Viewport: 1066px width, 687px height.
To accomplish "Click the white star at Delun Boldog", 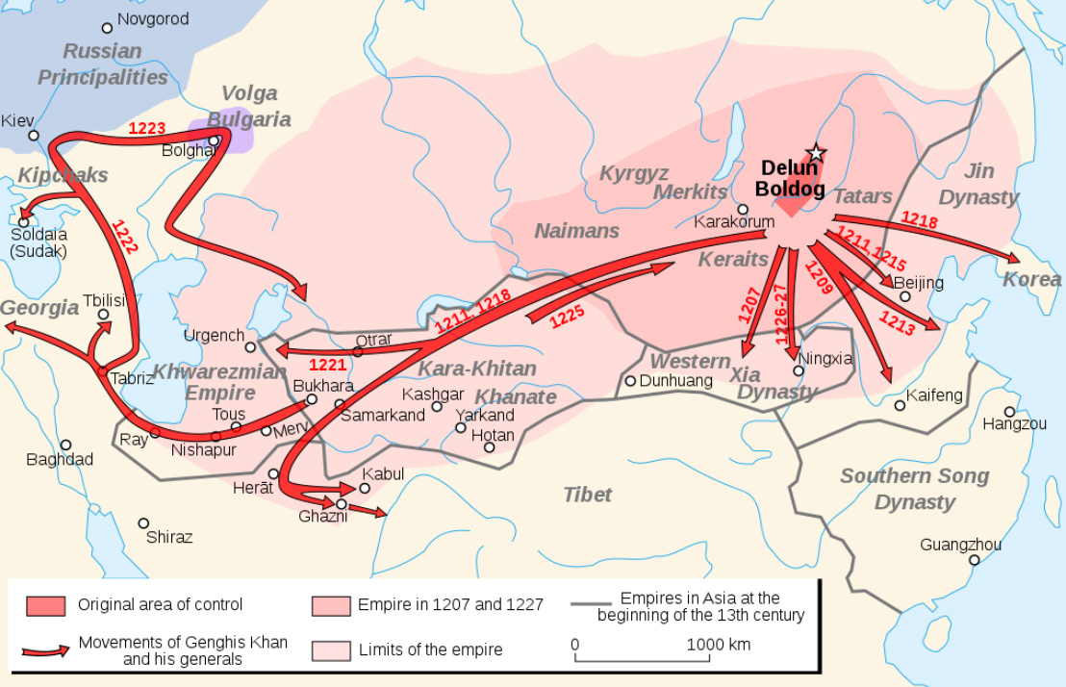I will tap(816, 152).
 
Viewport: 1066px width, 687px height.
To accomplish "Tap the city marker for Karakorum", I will tap(743, 209).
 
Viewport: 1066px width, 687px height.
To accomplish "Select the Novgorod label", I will tap(152, 18).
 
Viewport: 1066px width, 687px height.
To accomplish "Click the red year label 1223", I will tap(147, 128).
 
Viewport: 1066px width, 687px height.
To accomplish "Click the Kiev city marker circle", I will tap(34, 136).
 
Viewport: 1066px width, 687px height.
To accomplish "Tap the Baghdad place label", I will tap(60, 460).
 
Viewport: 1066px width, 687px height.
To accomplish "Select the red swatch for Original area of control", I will tap(46, 605).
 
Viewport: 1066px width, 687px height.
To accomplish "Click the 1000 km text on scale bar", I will tap(718, 645).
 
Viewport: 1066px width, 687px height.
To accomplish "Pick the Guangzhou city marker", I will tap(975, 560).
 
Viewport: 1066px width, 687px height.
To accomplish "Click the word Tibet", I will tap(587, 495).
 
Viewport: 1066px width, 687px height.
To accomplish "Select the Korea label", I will tap(1031, 280).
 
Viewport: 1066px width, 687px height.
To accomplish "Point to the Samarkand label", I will tap(383, 416).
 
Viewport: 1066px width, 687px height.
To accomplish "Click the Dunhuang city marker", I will tap(630, 381).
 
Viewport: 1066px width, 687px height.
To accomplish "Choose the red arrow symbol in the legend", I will tap(46, 650).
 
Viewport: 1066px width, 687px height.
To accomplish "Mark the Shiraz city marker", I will tap(143, 523).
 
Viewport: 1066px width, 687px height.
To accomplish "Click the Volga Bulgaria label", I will tap(249, 106).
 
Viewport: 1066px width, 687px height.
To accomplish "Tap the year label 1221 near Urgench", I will tap(327, 366).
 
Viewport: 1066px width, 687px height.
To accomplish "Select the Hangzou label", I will tap(1014, 423).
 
